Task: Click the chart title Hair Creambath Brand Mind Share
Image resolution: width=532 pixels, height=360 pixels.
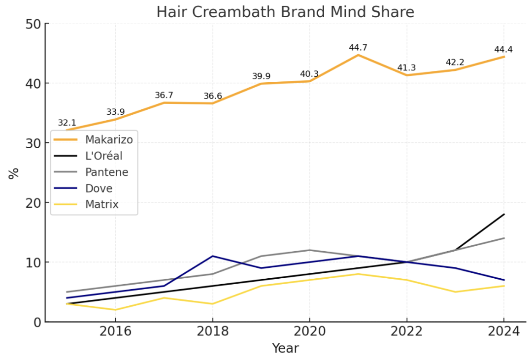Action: (x=285, y=12)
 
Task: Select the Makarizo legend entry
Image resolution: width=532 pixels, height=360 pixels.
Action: (x=108, y=139)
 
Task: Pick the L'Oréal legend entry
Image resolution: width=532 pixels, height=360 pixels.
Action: (x=103, y=156)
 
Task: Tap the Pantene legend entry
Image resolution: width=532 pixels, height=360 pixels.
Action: (x=106, y=172)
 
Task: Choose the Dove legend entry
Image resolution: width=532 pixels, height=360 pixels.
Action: (x=99, y=189)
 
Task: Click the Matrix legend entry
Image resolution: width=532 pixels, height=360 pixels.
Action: (x=101, y=204)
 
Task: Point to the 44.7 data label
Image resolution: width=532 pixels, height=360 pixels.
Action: (x=358, y=48)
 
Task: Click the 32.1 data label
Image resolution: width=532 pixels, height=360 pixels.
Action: (x=67, y=123)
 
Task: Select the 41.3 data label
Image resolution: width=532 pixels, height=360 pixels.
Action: (x=406, y=68)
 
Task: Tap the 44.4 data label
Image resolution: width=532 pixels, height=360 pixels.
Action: (x=503, y=50)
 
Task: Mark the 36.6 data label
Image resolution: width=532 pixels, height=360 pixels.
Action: (x=212, y=96)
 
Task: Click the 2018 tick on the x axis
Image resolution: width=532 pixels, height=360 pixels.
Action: (x=212, y=331)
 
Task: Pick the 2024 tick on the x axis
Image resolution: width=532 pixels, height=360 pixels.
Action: (x=503, y=331)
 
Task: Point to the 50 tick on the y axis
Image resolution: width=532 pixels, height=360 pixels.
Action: (x=33, y=24)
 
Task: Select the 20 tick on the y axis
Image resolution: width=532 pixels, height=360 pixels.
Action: (x=33, y=202)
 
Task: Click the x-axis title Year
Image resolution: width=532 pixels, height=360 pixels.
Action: (x=285, y=348)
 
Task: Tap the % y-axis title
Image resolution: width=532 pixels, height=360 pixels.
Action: (x=14, y=173)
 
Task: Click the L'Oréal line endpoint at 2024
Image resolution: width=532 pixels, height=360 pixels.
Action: (x=503, y=214)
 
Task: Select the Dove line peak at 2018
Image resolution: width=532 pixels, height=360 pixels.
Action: (x=212, y=256)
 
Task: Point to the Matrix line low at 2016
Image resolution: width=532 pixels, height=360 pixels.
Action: (x=115, y=310)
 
